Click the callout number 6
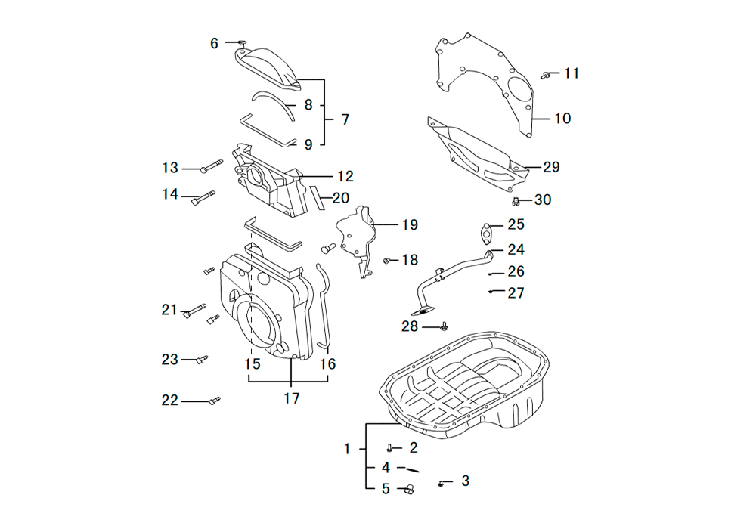point(214,43)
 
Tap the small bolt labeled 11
point(545,75)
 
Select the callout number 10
point(562,119)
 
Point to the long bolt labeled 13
point(212,166)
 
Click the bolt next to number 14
point(203,198)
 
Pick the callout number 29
point(551,167)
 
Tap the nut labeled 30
point(516,200)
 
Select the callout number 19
point(410,225)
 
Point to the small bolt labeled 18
point(386,261)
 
